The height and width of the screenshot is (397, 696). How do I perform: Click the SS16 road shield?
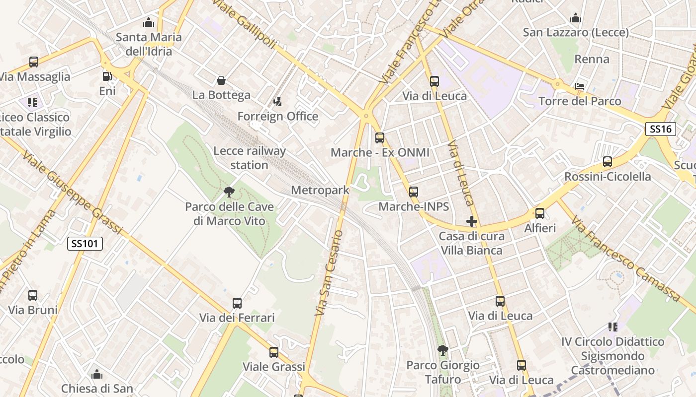[661, 129]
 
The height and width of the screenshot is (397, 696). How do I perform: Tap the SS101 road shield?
[85, 243]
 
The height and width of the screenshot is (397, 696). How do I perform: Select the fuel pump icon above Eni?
[107, 76]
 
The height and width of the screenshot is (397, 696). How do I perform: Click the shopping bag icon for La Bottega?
[221, 80]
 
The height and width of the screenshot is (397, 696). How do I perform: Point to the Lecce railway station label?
[250, 158]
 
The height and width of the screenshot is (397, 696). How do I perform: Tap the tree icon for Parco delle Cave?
[229, 192]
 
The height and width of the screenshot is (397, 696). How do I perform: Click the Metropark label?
[320, 190]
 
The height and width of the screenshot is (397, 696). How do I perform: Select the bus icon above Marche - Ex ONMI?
[380, 138]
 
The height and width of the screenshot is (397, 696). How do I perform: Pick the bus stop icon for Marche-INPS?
[414, 192]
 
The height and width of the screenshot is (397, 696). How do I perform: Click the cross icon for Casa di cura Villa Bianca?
[472, 221]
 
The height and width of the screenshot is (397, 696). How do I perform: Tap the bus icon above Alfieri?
[540, 213]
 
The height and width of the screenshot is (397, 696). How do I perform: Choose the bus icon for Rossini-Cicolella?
[607, 162]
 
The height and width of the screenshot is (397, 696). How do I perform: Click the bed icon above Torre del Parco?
[580, 86]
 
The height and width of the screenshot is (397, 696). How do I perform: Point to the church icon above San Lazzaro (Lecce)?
[576, 18]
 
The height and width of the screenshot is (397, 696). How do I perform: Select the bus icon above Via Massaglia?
[34, 62]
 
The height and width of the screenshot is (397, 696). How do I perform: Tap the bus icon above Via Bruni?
[33, 295]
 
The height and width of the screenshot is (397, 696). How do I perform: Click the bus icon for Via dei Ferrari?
[237, 303]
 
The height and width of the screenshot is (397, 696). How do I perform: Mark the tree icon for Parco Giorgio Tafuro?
[442, 350]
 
